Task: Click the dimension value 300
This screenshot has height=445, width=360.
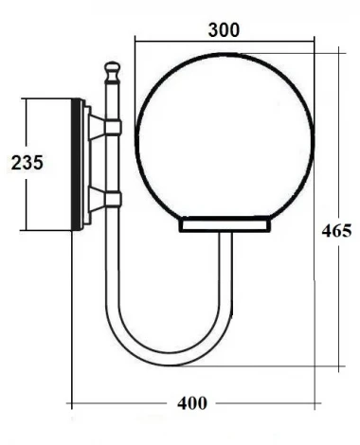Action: (x=223, y=28)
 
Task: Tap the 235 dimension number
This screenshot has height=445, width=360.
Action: (x=27, y=162)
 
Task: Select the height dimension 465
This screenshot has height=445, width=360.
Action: (x=336, y=230)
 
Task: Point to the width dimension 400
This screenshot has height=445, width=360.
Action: (x=192, y=404)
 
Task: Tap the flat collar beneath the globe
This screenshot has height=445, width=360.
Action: (x=225, y=224)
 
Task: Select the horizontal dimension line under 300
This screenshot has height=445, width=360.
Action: (x=225, y=41)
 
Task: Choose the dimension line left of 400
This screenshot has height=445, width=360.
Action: (x=123, y=403)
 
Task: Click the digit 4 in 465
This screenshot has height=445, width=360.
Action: (x=326, y=230)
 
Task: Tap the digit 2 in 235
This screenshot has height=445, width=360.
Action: (x=16, y=162)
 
